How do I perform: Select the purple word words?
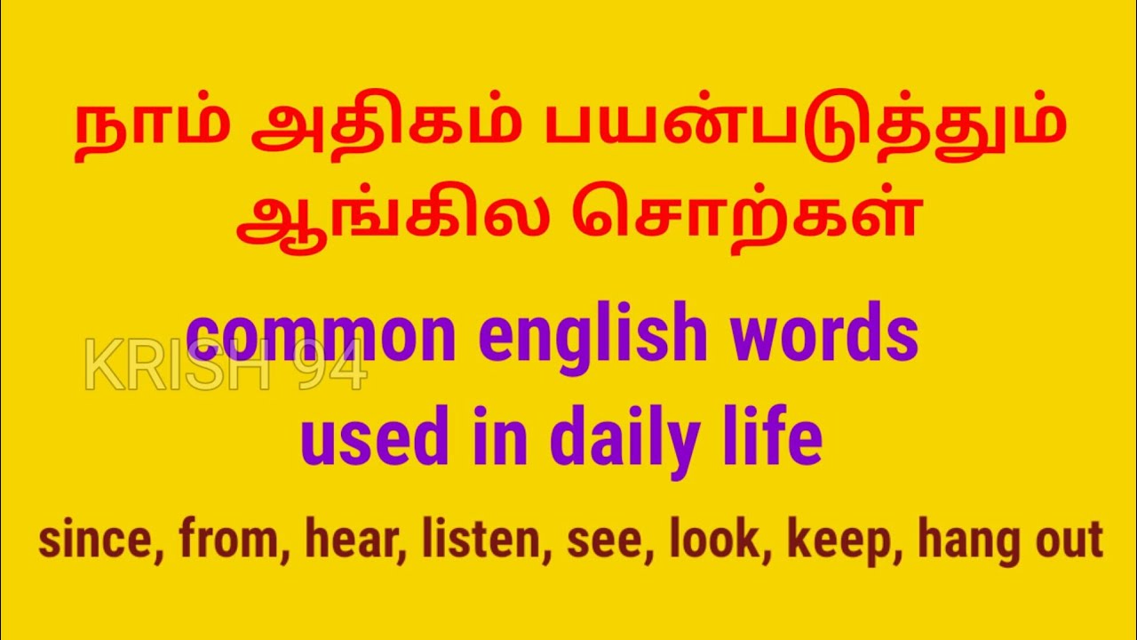823,335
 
